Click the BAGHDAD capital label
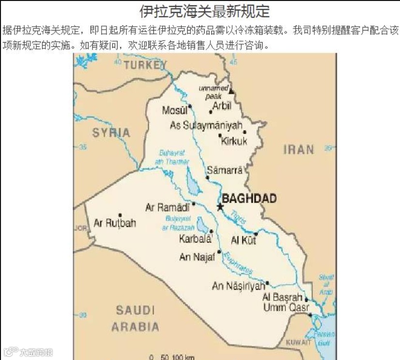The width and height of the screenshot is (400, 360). (249, 198)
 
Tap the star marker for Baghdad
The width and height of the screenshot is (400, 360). (220, 207)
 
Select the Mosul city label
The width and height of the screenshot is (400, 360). (175, 111)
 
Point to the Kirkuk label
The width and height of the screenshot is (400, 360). (234, 141)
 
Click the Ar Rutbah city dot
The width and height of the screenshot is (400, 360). (120, 215)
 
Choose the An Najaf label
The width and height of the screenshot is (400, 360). (197, 257)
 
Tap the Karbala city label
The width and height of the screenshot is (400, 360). (195, 239)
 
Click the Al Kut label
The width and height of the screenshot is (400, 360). (243, 240)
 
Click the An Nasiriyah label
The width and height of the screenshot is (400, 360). (239, 286)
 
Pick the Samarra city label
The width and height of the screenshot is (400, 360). (223, 170)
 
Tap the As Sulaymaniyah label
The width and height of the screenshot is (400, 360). (206, 125)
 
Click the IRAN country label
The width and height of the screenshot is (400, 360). (298, 150)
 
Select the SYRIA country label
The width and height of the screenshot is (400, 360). (111, 133)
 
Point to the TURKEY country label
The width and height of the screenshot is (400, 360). (145, 64)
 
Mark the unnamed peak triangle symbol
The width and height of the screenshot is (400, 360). (231, 91)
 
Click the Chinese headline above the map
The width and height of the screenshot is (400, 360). (204, 11)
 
